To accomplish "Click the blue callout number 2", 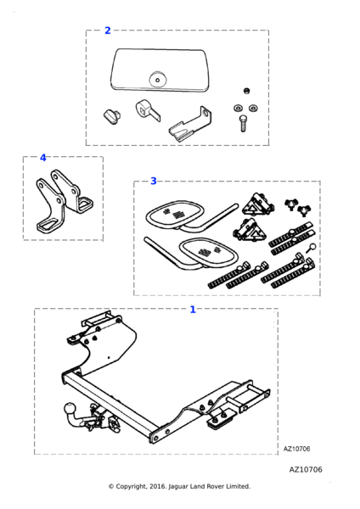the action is point(108,31).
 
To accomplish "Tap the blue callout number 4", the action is point(43,158).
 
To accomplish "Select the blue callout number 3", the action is point(154,182).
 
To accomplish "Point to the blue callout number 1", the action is point(193,310).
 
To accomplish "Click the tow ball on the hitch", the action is point(70,407).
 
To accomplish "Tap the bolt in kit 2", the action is point(243,123).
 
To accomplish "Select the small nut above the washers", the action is point(247,91).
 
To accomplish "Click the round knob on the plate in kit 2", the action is point(158,79).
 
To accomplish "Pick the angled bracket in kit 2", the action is point(191,125).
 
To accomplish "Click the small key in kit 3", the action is point(310,249).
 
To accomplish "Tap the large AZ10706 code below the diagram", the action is point(306,469).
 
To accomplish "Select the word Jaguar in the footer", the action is point(178,487).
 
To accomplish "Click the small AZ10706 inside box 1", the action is point(296,449).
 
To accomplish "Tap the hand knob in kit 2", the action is point(112,117).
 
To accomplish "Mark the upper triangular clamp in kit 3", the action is point(257,204).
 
